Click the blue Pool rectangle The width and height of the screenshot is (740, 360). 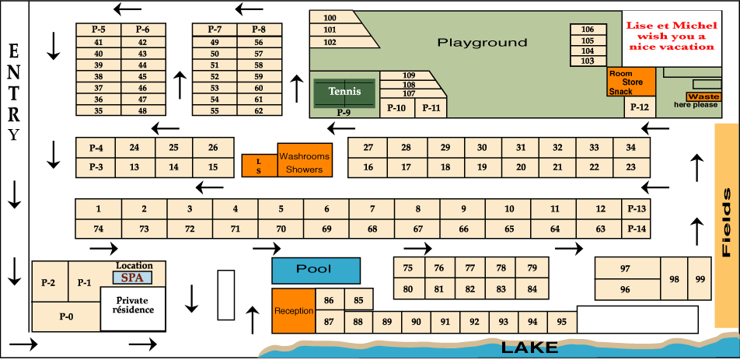point(316,270)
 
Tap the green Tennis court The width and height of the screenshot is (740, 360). point(344,92)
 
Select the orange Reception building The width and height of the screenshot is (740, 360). point(293,311)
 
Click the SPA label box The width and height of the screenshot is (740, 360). point(133,277)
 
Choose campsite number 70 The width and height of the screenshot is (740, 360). point(281,229)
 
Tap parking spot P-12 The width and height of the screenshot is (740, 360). point(639,107)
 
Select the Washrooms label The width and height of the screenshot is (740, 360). point(304,156)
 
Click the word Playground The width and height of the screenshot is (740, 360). point(482,43)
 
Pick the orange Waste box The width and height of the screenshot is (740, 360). point(703,96)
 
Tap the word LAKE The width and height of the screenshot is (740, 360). point(529,348)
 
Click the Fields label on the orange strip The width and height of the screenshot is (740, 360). point(726,222)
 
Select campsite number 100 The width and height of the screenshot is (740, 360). point(330,18)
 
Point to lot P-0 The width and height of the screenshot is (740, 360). point(66,316)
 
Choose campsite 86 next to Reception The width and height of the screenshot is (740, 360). point(329,300)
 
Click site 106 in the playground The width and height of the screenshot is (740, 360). point(588,30)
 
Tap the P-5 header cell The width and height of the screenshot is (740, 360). point(98,30)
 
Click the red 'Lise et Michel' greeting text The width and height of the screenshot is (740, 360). point(670,36)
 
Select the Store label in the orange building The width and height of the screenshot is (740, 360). point(632,82)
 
